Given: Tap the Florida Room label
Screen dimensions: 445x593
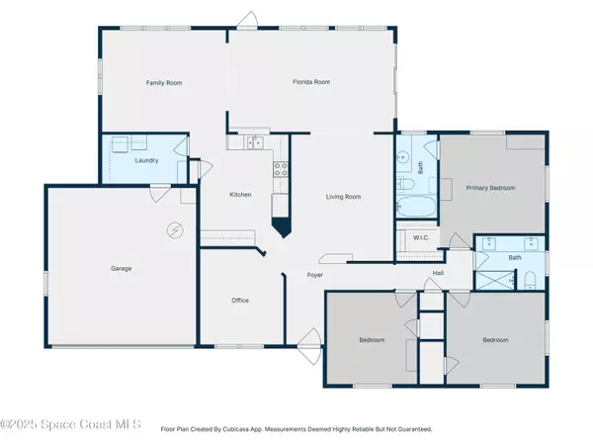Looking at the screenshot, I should (x=310, y=84).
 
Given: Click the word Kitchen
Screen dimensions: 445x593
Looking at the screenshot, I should (x=240, y=195).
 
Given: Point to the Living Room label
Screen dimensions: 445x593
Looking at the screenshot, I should (x=343, y=197).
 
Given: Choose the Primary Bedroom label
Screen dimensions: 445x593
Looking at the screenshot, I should (x=491, y=187).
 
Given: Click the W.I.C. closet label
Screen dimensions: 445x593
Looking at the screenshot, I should (x=418, y=236).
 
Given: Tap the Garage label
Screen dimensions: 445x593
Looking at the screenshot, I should (x=122, y=268).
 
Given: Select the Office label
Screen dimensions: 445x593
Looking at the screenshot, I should (x=240, y=301).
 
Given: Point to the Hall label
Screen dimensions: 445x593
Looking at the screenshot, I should (x=438, y=274).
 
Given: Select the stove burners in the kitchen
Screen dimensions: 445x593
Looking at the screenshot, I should (x=280, y=168).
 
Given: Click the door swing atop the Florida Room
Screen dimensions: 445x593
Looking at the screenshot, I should (x=251, y=20).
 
